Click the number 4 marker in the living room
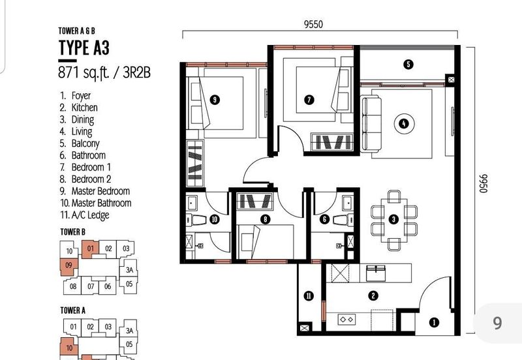point(404,124)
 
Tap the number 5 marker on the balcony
point(408,64)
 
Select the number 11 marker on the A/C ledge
point(309,296)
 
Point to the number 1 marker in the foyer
point(434,322)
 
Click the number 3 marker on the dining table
point(394,219)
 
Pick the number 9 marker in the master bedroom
point(215,100)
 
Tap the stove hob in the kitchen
point(346,320)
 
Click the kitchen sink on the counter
point(376,273)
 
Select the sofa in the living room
point(371,124)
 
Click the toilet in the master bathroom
point(196,220)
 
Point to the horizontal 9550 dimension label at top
point(313,24)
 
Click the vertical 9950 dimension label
point(483,183)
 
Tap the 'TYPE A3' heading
point(84,47)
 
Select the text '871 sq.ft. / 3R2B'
point(104,72)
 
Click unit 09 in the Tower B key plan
point(69,266)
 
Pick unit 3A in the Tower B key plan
point(129,269)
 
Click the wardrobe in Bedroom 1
point(331,142)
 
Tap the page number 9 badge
point(497,322)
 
